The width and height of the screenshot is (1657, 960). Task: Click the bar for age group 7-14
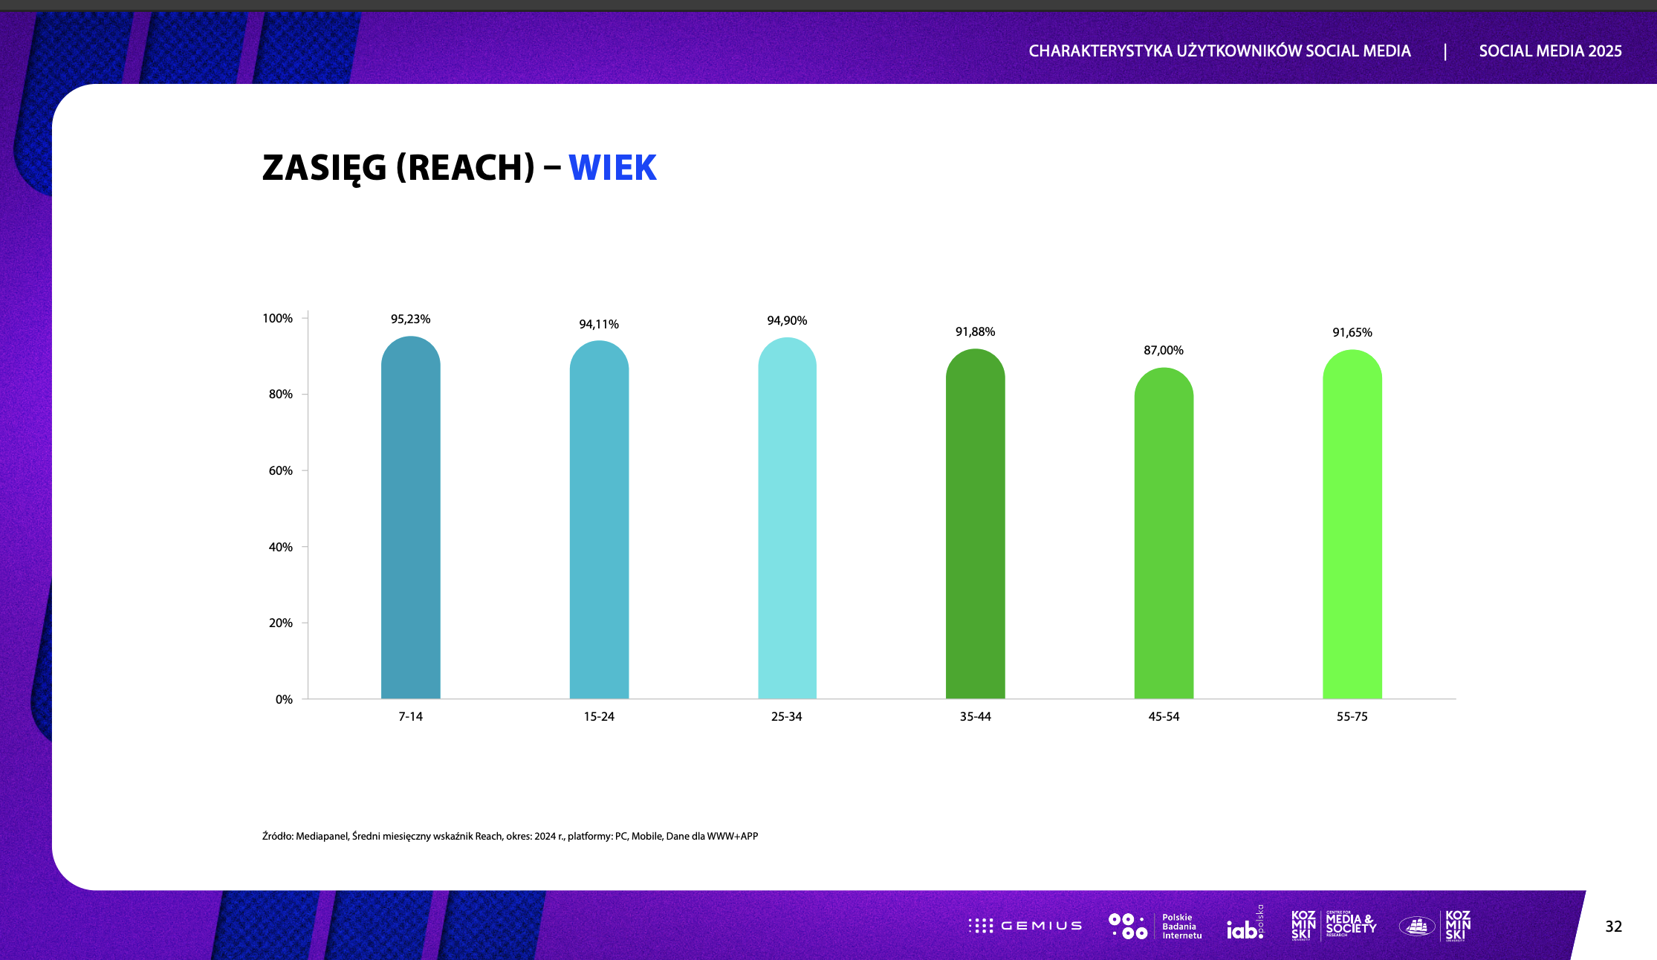pos(410,520)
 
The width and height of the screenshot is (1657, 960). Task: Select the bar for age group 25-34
pos(787,520)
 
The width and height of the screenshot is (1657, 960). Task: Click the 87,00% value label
pos(1163,350)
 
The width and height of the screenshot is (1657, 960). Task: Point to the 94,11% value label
pos(598,324)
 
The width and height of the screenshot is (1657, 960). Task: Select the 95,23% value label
pos(410,319)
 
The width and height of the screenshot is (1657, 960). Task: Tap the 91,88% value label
pos(975,331)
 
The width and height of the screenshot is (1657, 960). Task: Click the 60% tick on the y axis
pos(281,470)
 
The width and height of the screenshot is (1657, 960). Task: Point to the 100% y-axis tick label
pos(278,318)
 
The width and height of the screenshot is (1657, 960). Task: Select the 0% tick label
pos(284,699)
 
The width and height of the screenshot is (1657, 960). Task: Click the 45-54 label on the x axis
pos(1164,716)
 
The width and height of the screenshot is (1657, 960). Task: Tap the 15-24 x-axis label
pos(599,716)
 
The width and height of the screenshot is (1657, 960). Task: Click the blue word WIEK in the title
pos(612,167)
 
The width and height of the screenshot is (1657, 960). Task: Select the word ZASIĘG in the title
pos(324,168)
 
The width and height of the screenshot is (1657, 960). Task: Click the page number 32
pos(1613,926)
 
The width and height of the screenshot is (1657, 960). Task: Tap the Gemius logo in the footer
pos(1025,926)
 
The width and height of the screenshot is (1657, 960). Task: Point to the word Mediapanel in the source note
pos(322,836)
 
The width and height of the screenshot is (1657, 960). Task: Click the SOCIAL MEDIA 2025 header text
pos(1550,51)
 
